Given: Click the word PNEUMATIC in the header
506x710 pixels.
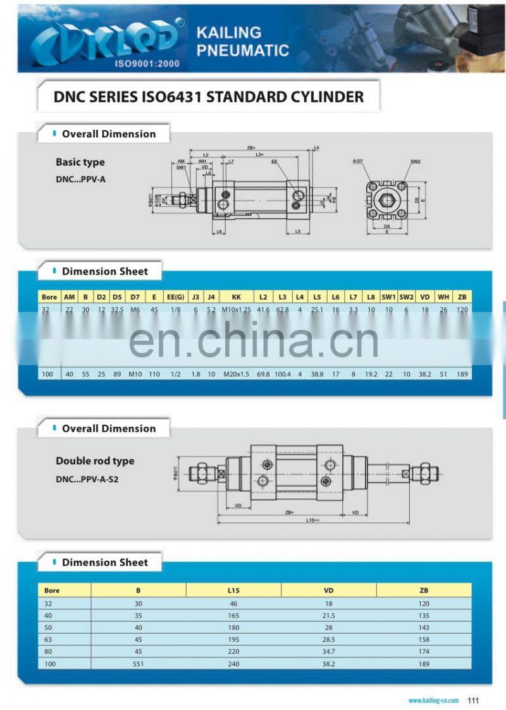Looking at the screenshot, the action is tap(243, 50).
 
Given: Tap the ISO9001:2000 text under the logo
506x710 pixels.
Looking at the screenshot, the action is tap(147, 64).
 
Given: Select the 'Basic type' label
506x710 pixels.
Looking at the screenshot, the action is tap(80, 162).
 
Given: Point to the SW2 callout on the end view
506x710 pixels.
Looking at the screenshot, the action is tap(415, 162).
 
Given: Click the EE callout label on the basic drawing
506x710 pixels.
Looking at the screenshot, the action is tap(275, 162).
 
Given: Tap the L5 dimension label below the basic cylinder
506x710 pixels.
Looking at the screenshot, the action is tap(297, 231).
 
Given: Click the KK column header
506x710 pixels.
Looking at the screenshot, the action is tap(237, 297).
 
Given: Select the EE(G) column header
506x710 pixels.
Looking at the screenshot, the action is tap(175, 297).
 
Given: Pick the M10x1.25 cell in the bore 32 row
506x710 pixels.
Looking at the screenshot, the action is tap(237, 310).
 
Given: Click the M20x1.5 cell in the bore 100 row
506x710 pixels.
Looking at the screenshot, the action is tap(237, 374).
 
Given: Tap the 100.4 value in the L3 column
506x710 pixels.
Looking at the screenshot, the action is tap(283, 374).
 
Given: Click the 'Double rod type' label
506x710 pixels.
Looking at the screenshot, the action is tap(95, 461).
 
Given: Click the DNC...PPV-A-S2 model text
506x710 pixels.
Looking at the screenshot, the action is tap(87, 479).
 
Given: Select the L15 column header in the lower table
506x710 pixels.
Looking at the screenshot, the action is tap(233, 591).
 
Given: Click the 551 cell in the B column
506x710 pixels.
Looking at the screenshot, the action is tap(139, 664).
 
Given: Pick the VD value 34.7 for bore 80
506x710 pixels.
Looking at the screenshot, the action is tap(328, 651).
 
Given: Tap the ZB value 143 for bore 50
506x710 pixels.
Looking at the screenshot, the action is tap(423, 627).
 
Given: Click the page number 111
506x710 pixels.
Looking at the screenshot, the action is tap(473, 700).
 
